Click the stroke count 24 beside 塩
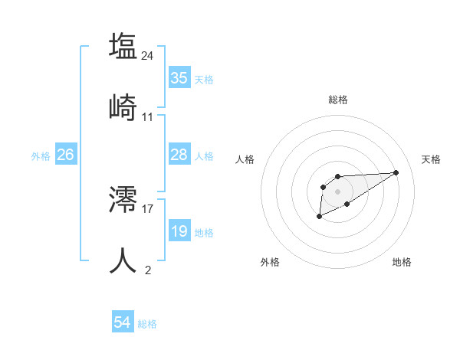148,55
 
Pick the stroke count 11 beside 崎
148,117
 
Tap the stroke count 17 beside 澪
148,208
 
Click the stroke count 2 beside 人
148,270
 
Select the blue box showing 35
179,78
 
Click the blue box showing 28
179,155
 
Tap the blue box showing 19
179,231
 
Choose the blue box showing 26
65,155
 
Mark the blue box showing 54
123,322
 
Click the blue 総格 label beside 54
147,324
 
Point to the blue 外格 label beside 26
41,156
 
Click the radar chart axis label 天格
431,159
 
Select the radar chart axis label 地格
402,262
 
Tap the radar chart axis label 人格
245,159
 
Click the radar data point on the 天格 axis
396,172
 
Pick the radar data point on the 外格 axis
319,217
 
